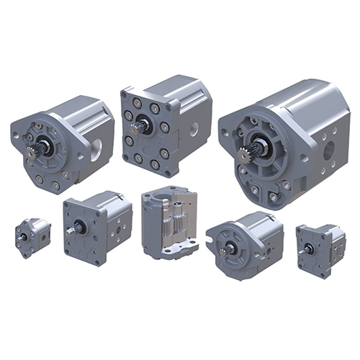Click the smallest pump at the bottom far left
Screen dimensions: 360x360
click(x=32, y=238)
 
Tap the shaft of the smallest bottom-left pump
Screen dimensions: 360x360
click(x=24, y=238)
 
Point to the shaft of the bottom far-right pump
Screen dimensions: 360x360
click(x=308, y=248)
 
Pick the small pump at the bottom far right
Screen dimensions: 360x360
click(x=321, y=248)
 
